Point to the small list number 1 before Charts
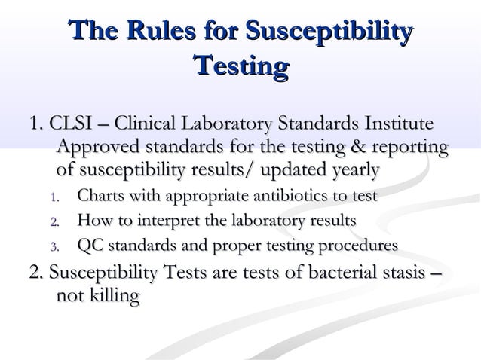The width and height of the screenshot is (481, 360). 54,199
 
